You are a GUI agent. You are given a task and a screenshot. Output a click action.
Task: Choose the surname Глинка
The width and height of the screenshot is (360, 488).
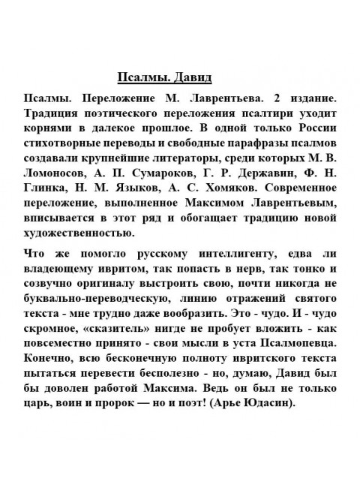(43, 170)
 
